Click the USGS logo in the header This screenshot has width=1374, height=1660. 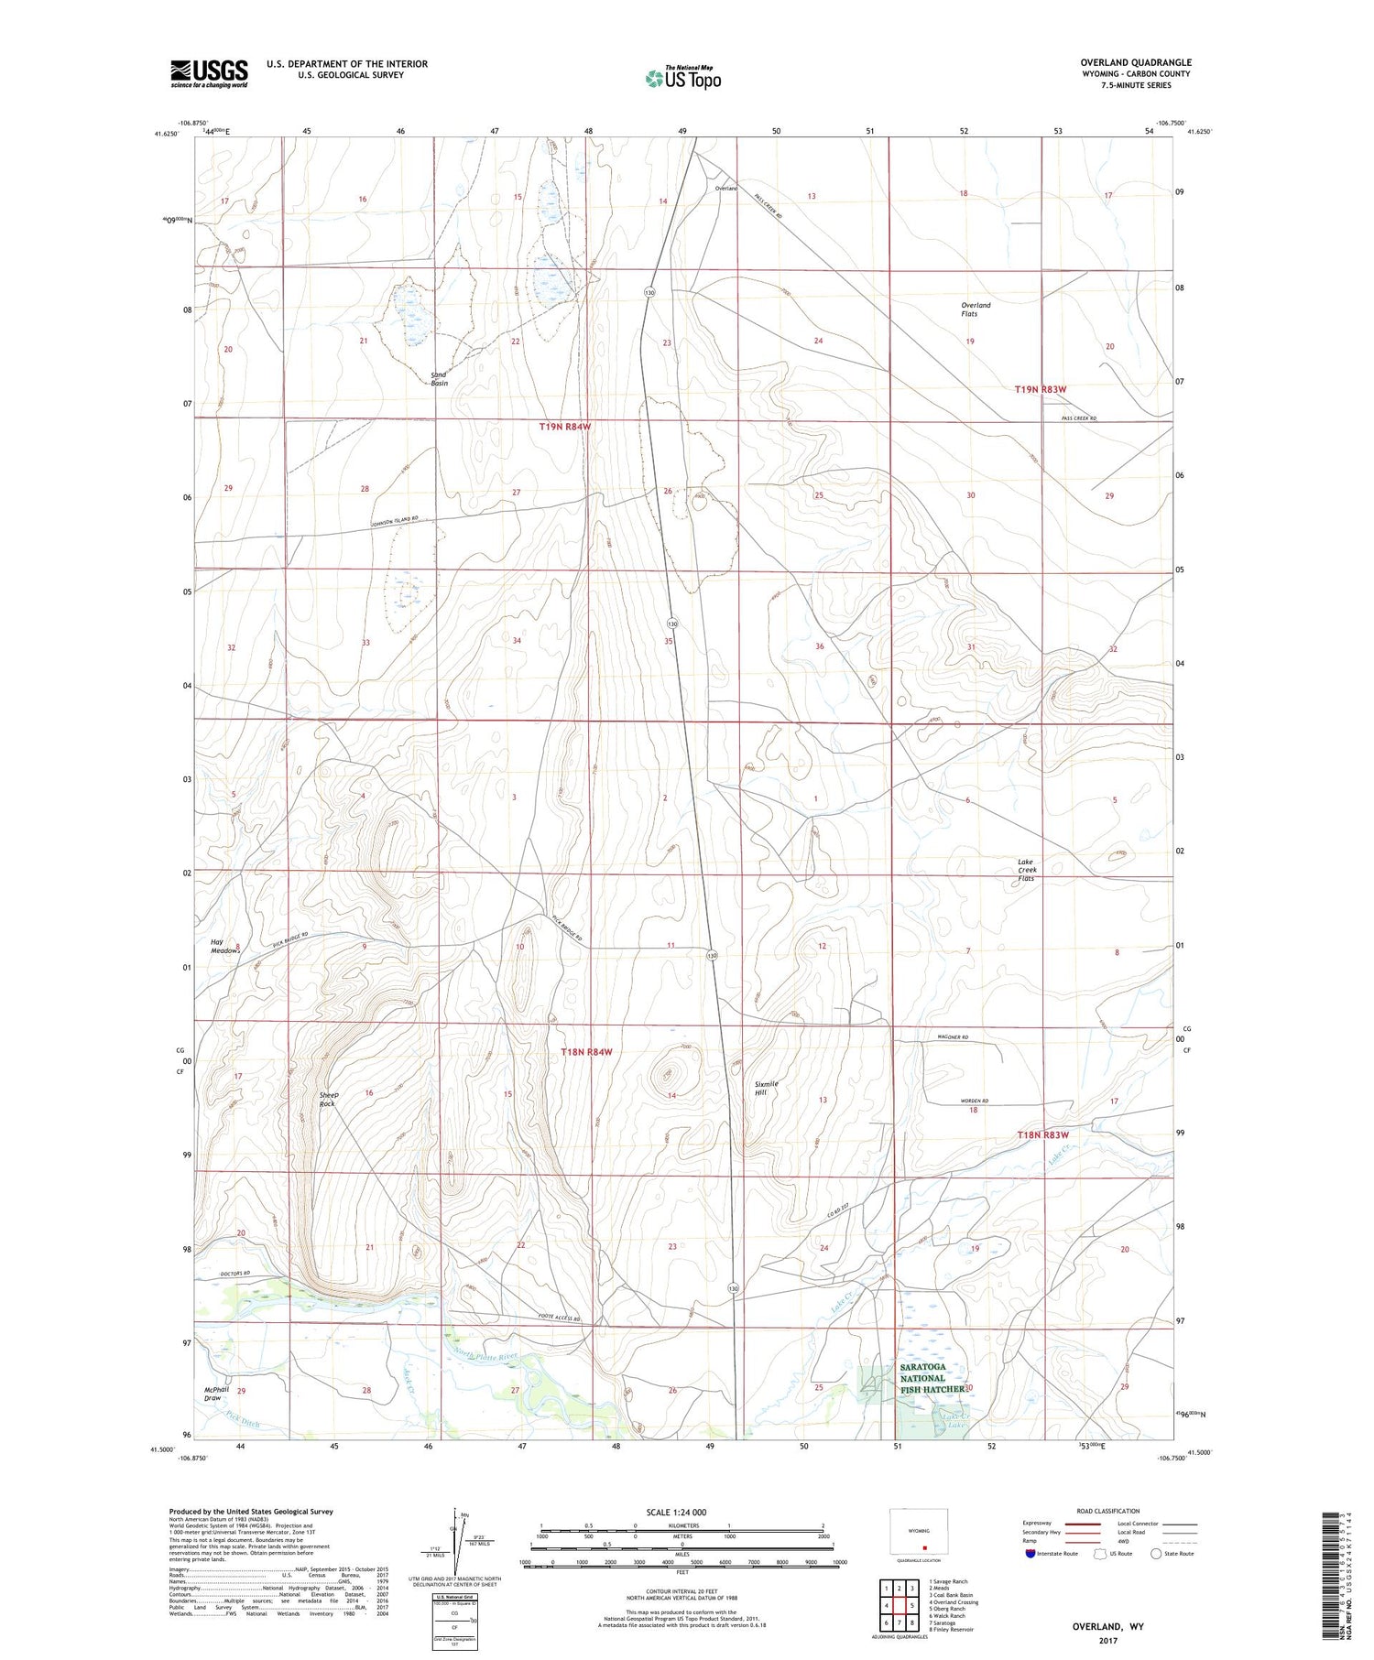point(209,73)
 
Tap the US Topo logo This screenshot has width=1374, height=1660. point(682,79)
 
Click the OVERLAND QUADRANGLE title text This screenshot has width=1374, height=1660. point(1135,63)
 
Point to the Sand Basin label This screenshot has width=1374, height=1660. point(439,379)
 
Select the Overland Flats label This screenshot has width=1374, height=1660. point(976,309)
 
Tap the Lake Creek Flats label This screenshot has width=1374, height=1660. point(1026,870)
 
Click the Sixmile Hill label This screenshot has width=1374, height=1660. point(766,1088)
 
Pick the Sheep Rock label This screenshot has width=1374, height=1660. point(327,1099)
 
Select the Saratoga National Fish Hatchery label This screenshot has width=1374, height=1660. point(931,1378)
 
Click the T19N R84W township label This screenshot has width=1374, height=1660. point(565,427)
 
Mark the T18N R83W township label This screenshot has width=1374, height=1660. point(1042,1135)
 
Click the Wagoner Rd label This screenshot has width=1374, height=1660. point(953,1037)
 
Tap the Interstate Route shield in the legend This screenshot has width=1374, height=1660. point(1030,1553)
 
